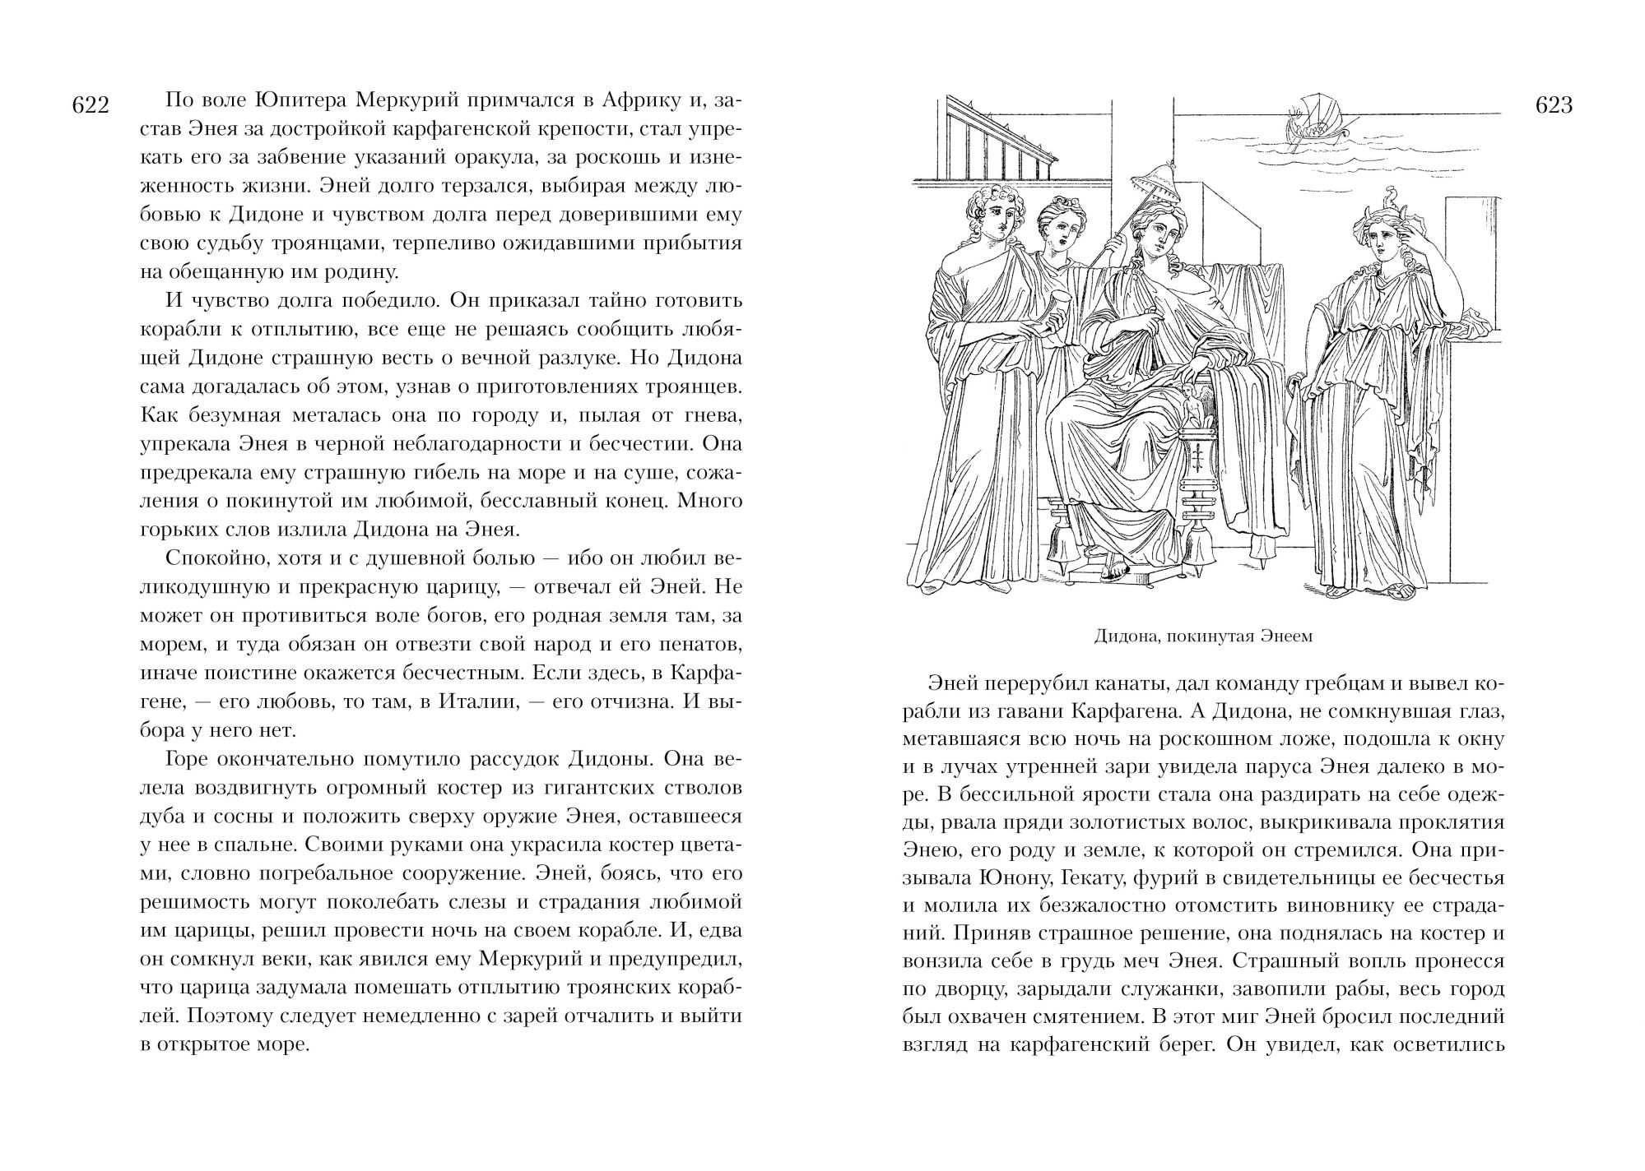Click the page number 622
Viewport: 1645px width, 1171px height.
tap(91, 106)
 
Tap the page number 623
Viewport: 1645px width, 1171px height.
tap(1554, 106)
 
